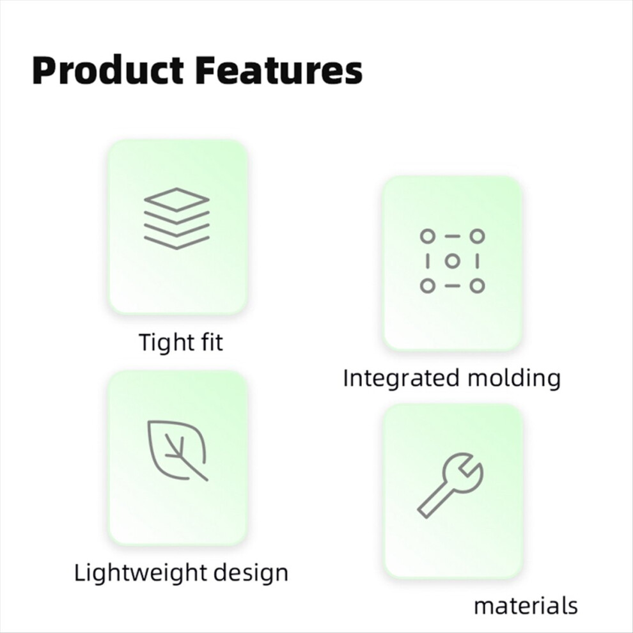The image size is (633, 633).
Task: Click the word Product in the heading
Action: tap(108, 70)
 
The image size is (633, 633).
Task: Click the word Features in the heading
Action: tap(279, 70)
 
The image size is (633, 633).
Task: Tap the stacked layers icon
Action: tap(177, 219)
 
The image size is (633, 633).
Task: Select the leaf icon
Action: tap(177, 451)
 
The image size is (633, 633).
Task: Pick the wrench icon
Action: tap(450, 485)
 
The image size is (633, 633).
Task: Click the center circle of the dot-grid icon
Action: tap(453, 261)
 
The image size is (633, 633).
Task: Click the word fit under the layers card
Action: tap(211, 342)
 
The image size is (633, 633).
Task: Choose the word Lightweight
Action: tap(140, 573)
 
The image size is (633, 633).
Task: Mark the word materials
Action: tap(526, 606)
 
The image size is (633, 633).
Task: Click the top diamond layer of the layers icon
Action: tap(177, 199)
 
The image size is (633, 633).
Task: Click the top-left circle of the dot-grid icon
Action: tap(428, 236)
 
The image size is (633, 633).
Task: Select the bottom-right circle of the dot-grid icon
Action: tap(477, 286)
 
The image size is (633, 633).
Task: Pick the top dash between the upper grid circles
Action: tap(453, 236)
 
